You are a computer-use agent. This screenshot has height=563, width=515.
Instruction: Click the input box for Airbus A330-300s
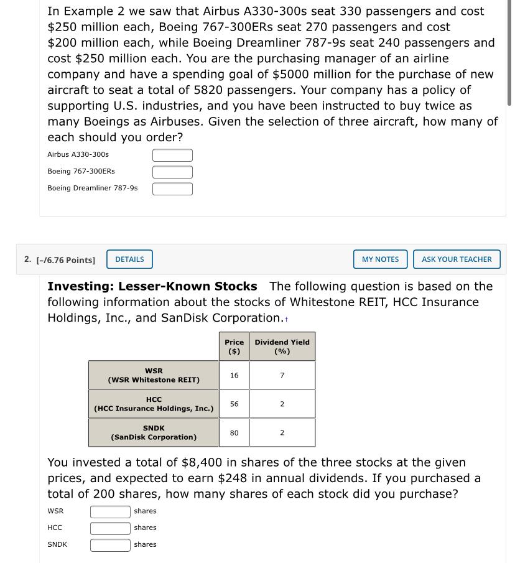[172, 155]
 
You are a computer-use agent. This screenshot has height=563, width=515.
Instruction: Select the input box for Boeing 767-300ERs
[172, 172]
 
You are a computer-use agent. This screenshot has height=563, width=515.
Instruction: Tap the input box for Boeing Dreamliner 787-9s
[172, 188]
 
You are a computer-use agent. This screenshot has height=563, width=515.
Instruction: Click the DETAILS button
[129, 259]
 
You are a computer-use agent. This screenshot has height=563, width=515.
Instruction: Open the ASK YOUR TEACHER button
[457, 259]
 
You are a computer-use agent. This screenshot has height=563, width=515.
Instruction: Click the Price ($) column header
[234, 347]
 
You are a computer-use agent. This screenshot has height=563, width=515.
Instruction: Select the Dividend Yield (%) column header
[282, 347]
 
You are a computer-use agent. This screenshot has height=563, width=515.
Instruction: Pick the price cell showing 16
[234, 375]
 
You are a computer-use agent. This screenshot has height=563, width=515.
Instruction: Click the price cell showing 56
[234, 404]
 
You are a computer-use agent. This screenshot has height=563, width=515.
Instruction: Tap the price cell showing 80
[234, 432]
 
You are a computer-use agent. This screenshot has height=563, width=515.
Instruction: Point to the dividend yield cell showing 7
[282, 375]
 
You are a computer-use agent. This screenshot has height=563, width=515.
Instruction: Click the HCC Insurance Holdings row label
[154, 404]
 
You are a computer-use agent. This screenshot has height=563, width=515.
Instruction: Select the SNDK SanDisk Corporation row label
[154, 432]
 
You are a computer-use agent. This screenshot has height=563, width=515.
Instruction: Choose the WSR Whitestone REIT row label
[154, 375]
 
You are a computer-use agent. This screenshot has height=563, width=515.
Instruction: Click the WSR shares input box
[110, 511]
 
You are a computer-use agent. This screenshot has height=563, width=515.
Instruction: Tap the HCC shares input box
[110, 528]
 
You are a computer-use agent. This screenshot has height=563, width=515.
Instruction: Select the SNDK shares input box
[110, 545]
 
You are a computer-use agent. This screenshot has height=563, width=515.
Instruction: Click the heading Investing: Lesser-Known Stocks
[152, 286]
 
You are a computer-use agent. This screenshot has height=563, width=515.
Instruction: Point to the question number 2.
[27, 259]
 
